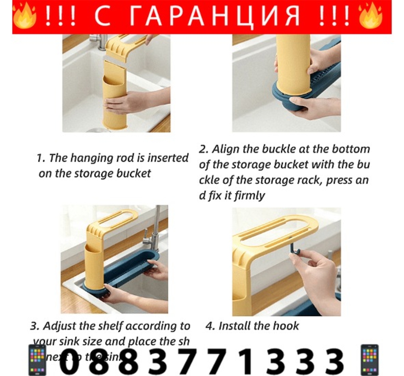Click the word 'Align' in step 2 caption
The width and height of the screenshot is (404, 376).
(x=225, y=149)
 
